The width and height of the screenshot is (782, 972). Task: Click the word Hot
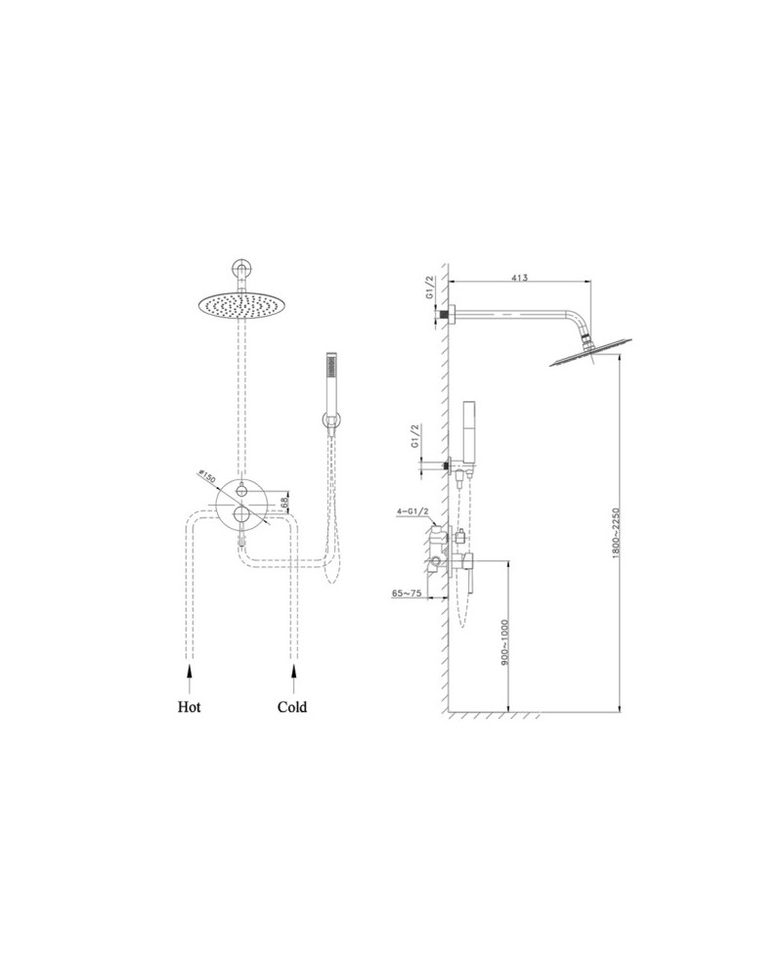189,707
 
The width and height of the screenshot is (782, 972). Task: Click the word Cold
292,707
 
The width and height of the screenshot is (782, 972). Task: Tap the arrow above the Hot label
189,679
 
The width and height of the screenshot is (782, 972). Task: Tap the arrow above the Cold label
293,679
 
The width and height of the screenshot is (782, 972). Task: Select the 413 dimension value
520,278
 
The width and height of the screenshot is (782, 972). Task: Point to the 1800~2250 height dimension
615,535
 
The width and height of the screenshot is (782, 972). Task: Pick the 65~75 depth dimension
407,593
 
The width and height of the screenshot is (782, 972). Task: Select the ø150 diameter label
206,478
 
